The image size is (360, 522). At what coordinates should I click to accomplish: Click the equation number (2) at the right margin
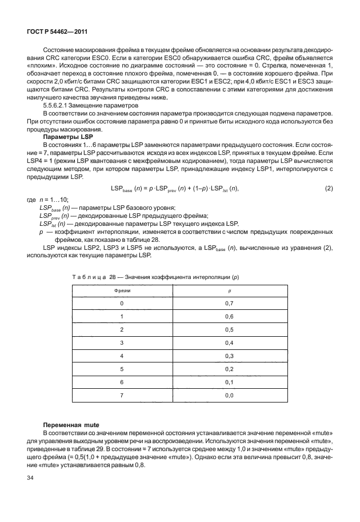pyautogui.click(x=329, y=189)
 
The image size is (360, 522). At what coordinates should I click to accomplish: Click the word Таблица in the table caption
pyautogui.click(x=89, y=277)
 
